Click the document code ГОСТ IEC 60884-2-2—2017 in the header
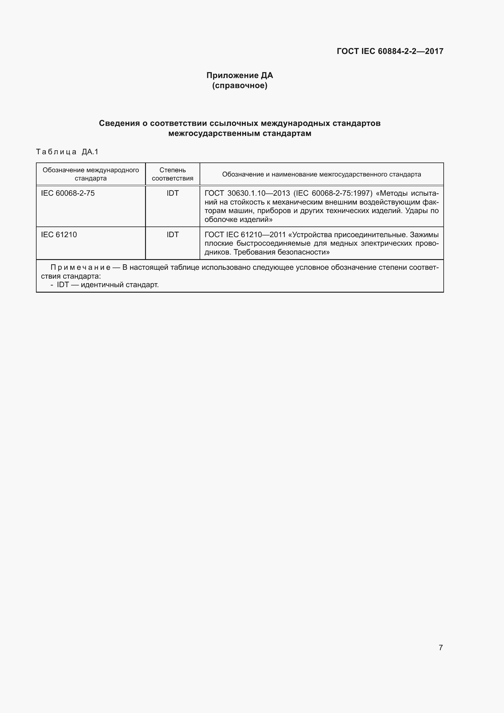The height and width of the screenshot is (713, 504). click(390, 51)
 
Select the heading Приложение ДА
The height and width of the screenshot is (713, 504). click(240, 76)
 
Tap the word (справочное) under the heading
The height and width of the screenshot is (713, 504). click(240, 85)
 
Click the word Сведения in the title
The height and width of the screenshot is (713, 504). click(119, 123)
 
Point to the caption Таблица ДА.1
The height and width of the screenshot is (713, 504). click(67, 152)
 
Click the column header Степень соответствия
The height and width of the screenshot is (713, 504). click(172, 174)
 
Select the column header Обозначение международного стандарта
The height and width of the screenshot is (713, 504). click(91, 174)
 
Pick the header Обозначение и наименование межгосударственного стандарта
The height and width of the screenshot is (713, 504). click(321, 175)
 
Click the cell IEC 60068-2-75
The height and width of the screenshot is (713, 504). click(68, 193)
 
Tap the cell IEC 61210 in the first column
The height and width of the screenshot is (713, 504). click(59, 235)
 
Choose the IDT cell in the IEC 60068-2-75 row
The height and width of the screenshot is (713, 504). click(172, 193)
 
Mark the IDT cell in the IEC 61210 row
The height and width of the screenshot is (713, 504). click(172, 235)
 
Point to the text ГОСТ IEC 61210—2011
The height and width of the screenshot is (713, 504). click(245, 235)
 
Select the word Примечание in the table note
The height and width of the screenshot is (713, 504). click(80, 267)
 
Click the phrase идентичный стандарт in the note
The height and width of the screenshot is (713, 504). click(120, 285)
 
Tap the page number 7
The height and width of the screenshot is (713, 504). click(440, 647)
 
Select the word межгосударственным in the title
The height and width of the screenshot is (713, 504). click(214, 134)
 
